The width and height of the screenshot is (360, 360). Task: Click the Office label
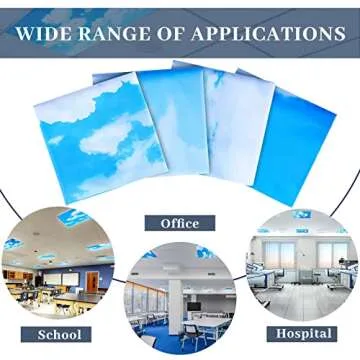[x=180, y=223]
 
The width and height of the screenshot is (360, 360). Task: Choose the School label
[x=59, y=334]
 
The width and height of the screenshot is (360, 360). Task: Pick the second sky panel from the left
[x=170, y=125]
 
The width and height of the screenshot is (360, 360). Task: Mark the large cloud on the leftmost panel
[x=110, y=130]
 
